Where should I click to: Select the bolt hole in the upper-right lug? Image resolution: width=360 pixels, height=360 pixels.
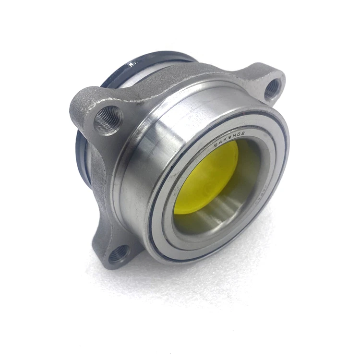point(272,88)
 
